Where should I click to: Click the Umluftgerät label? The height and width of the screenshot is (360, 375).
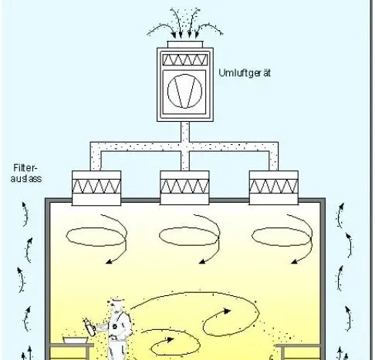[245, 73]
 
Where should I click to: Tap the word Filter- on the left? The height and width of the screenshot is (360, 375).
[25, 168]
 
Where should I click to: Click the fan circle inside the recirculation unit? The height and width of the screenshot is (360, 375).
[184, 91]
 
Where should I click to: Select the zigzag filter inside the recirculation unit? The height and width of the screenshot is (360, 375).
[185, 59]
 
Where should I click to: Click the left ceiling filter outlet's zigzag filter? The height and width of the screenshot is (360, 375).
[96, 187]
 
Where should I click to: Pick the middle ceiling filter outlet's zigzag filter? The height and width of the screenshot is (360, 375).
[184, 187]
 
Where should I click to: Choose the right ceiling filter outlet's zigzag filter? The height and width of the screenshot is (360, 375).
[274, 187]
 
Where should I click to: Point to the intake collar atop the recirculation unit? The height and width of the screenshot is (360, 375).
[185, 44]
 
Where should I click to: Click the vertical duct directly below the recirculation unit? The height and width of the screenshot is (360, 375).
[185, 132]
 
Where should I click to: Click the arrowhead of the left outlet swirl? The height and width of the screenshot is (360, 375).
[109, 261]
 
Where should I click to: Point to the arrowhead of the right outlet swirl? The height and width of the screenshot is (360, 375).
[295, 261]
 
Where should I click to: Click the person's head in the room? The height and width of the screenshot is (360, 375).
[113, 304]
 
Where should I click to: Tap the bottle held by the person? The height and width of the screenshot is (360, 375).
[90, 327]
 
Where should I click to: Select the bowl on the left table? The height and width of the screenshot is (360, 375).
[76, 340]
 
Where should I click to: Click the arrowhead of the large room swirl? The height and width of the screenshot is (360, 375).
[227, 311]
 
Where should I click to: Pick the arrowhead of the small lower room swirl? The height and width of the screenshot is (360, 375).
[170, 340]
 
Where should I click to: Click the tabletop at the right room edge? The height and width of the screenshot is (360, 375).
[299, 345]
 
